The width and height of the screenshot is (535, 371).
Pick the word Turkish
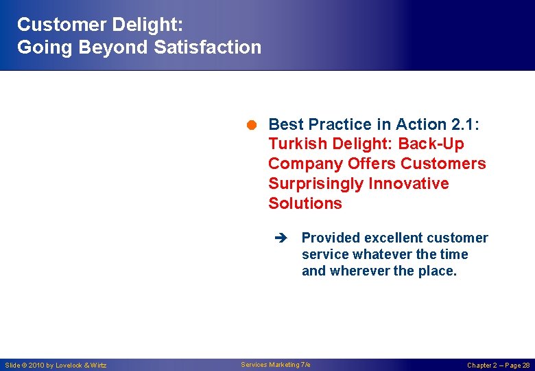click(296, 144)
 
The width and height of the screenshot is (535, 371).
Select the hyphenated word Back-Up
click(430, 144)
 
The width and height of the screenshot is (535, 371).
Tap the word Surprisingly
click(316, 184)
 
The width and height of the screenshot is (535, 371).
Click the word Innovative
click(408, 184)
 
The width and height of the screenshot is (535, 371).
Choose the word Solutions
click(305, 204)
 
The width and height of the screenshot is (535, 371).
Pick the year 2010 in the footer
click(37, 365)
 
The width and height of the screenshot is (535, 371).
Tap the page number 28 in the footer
click(525, 365)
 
